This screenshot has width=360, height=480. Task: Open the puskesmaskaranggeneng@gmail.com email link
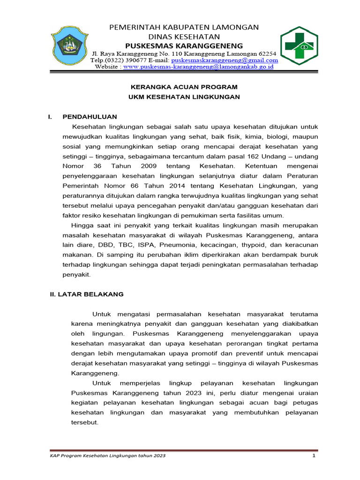225,60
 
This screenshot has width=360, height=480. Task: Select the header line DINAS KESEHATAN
184,37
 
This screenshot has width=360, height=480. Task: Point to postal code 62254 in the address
268,53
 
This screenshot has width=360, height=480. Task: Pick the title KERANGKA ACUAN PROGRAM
184,87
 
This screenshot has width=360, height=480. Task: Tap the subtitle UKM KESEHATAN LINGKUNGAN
184,97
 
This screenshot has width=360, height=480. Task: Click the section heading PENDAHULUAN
90,117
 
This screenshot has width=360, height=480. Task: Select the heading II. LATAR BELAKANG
87,294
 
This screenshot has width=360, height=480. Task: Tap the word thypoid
255,245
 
